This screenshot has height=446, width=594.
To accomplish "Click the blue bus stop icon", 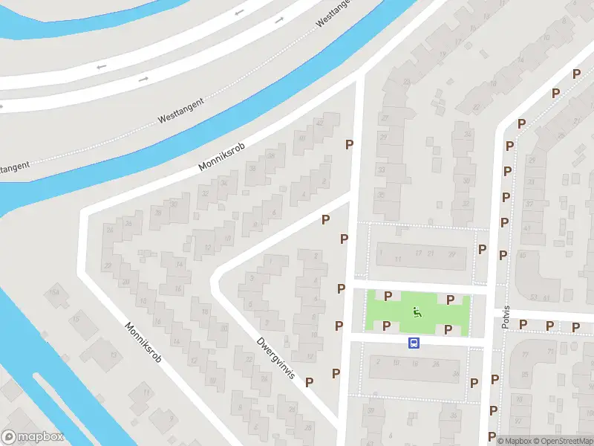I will (414, 343).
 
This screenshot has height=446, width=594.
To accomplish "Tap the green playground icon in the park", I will (417, 313).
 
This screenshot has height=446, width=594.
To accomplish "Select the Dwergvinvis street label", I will (276, 358).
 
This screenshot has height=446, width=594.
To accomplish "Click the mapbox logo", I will (33, 437).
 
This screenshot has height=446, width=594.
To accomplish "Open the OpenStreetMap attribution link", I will (562, 441).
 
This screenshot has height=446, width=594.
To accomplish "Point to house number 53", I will (533, 297).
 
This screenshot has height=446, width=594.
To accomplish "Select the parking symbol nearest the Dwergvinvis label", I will (310, 381).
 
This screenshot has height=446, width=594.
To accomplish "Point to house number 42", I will (320, 123).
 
